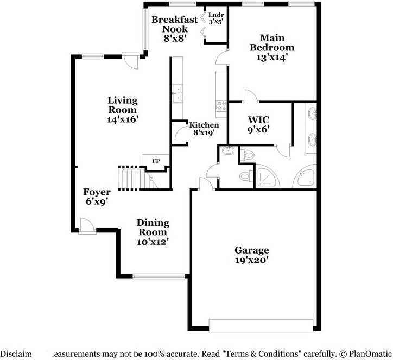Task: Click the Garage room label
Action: pyautogui.click(x=251, y=250)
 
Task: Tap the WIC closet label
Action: pyautogui.click(x=258, y=119)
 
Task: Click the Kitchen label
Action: pyautogui.click(x=204, y=125)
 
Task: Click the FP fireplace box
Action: pyautogui.click(x=156, y=161)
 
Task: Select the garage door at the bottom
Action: pyautogui.click(x=261, y=326)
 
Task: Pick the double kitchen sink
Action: pyautogui.click(x=177, y=94)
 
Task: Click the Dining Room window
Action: pyautogui.click(x=154, y=277)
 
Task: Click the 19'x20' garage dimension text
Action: pyautogui.click(x=251, y=260)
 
